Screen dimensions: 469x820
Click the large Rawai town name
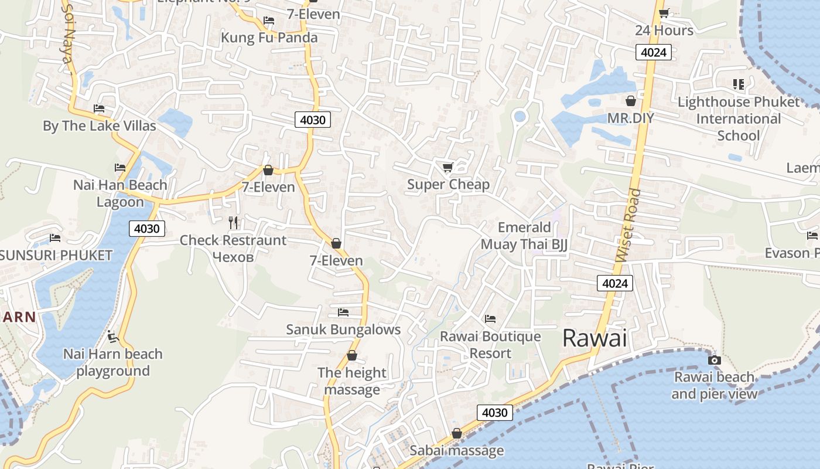(x=594, y=338)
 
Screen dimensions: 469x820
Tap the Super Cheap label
(x=448, y=185)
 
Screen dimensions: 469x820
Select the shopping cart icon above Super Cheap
(x=448, y=168)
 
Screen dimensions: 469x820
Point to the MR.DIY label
(x=630, y=118)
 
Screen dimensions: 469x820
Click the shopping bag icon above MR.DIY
(x=631, y=101)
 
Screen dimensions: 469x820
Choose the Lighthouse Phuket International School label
(x=738, y=119)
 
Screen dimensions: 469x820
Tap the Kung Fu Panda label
(x=269, y=38)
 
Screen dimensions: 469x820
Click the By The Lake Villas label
(x=100, y=126)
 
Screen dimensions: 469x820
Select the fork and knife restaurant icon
(x=233, y=223)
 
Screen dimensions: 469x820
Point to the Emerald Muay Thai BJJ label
(x=524, y=236)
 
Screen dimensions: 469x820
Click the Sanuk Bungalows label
(x=343, y=329)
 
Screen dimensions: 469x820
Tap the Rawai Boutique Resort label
(x=490, y=345)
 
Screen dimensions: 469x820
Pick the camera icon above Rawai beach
(x=714, y=360)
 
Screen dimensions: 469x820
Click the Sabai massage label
(x=456, y=451)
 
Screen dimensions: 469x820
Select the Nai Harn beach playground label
(x=113, y=362)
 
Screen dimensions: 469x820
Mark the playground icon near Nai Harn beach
(x=113, y=337)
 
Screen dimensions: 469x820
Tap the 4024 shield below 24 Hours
(x=653, y=52)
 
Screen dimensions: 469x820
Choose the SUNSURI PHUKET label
(x=56, y=256)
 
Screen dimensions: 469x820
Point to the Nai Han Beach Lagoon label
(x=120, y=193)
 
